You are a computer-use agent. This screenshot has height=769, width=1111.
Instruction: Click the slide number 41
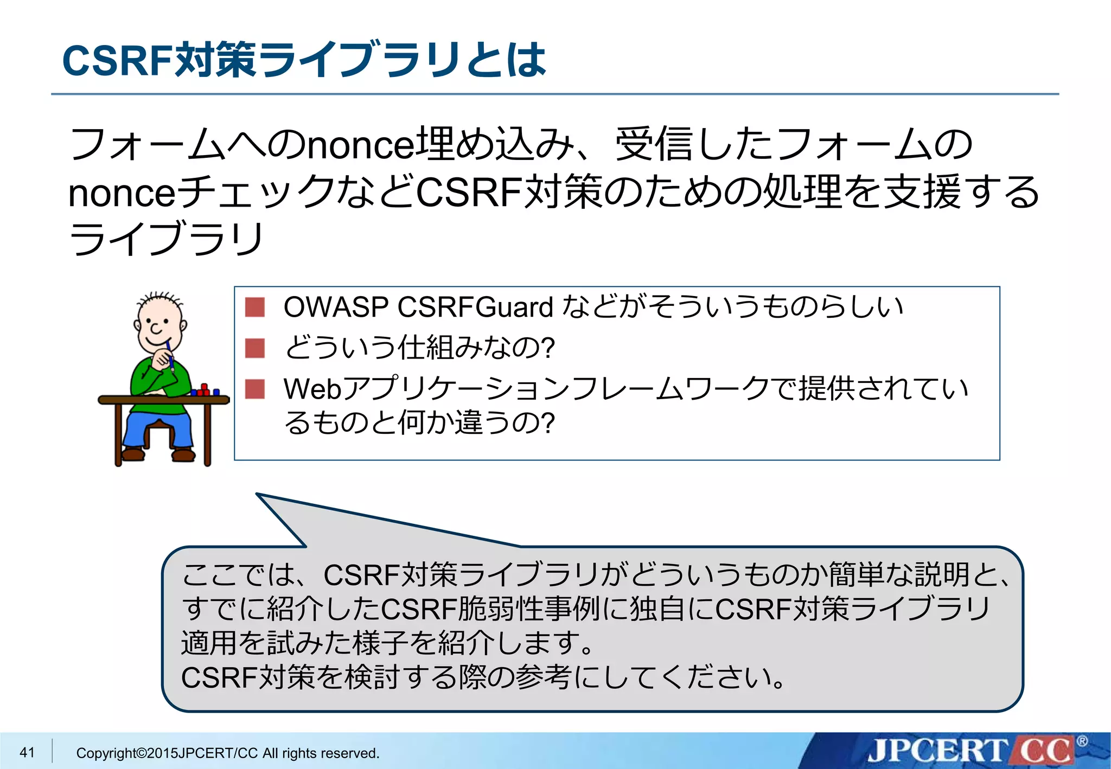[27, 752]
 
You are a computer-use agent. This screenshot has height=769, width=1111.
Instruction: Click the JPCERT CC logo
[970, 751]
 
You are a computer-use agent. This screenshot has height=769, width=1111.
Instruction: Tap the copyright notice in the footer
[227, 753]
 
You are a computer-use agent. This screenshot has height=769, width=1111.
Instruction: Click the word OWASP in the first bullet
[336, 307]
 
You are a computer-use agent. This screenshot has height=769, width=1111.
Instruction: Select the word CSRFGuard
[475, 307]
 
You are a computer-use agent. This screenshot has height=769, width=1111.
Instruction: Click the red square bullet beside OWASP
[254, 307]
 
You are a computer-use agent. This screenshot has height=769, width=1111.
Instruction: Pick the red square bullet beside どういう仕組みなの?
[254, 348]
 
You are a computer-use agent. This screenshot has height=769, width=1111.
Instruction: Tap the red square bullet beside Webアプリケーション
[254, 389]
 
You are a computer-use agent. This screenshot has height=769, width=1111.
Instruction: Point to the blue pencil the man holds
[170, 355]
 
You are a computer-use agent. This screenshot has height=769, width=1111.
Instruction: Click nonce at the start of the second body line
[122, 193]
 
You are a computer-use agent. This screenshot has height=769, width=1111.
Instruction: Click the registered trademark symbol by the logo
[1082, 741]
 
